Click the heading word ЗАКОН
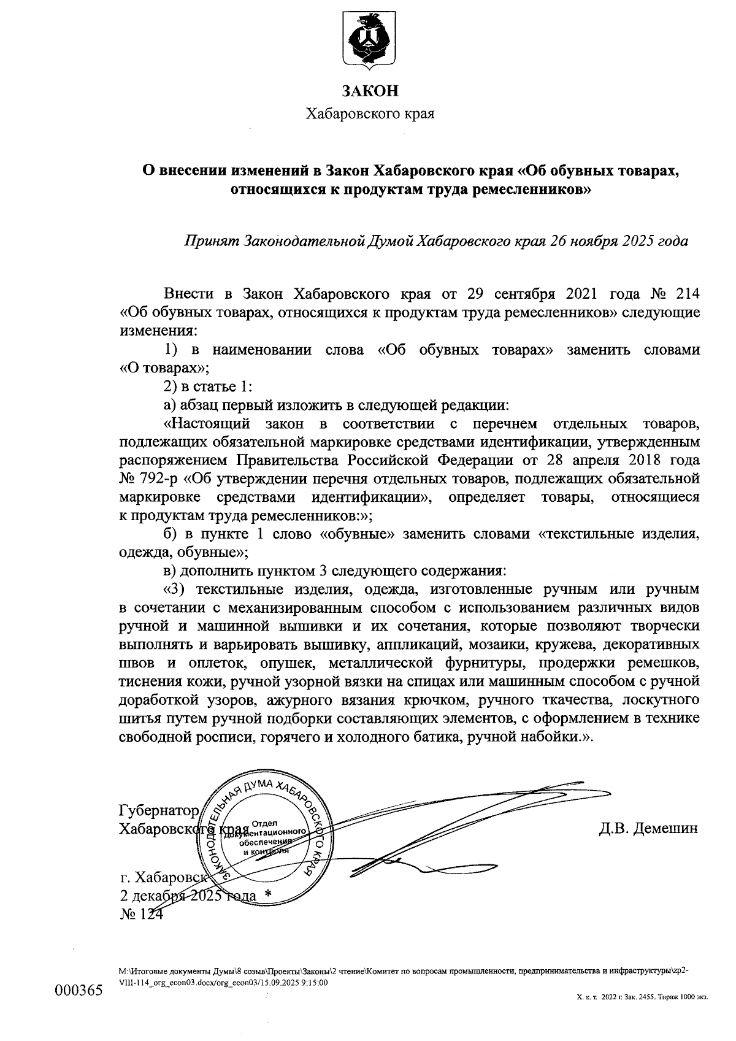pyautogui.click(x=370, y=91)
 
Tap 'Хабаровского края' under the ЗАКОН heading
pyautogui.click(x=370, y=114)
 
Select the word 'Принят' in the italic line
pyautogui.click(x=211, y=240)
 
